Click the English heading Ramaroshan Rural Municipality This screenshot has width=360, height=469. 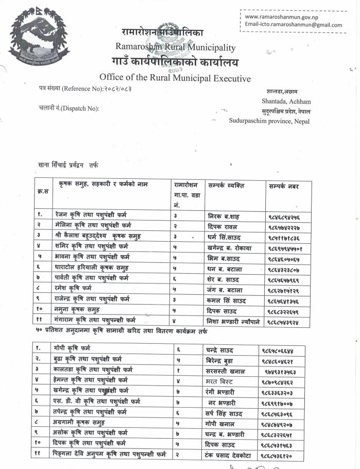(x=176, y=48)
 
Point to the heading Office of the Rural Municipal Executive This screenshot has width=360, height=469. (x=175, y=78)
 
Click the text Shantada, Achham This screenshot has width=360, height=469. (x=286, y=102)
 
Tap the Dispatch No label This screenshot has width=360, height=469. (x=69, y=108)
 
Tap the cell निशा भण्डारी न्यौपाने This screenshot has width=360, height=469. (x=234, y=322)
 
